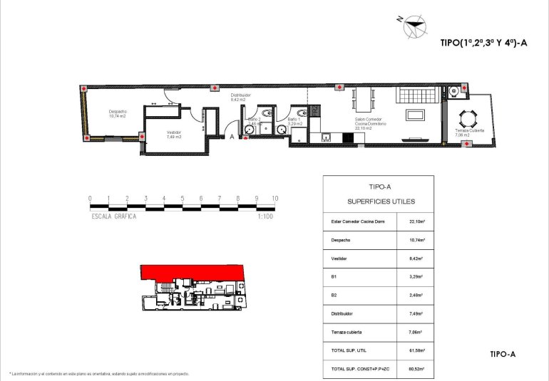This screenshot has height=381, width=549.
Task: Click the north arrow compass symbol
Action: pyautogui.click(x=413, y=26)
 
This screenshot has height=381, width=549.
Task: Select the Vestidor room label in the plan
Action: pyautogui.click(x=174, y=134)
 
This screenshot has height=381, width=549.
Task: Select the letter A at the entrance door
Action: pyautogui.click(x=232, y=136)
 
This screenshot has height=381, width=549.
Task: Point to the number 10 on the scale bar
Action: pyautogui.click(x=274, y=199)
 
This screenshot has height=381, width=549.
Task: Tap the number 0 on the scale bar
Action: pyautogui.click(x=90, y=199)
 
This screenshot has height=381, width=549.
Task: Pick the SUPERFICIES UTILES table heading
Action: pyautogui.click(x=381, y=202)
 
